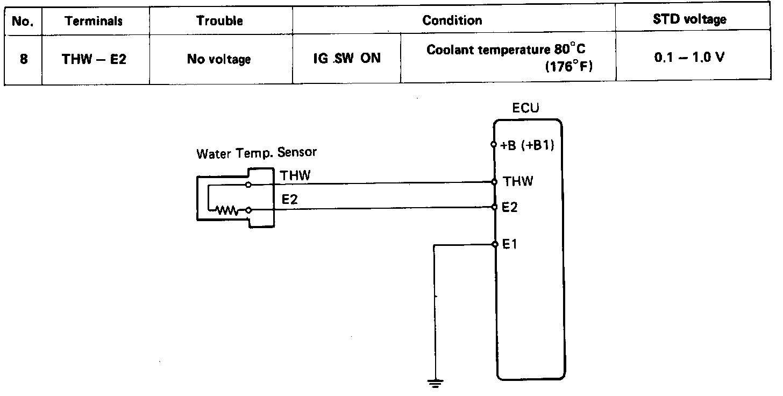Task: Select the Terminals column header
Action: point(94,22)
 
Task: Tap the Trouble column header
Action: point(219,21)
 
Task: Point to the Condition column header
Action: point(452,21)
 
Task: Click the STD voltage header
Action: point(689,20)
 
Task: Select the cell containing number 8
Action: point(23,59)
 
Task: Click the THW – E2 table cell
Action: point(94,59)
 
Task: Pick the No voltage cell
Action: point(219,59)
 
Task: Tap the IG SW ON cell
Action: point(346,58)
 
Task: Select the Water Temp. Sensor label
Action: point(257,153)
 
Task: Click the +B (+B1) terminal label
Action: point(527,146)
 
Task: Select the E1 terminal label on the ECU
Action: point(510,245)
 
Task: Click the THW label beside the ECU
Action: point(517,181)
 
